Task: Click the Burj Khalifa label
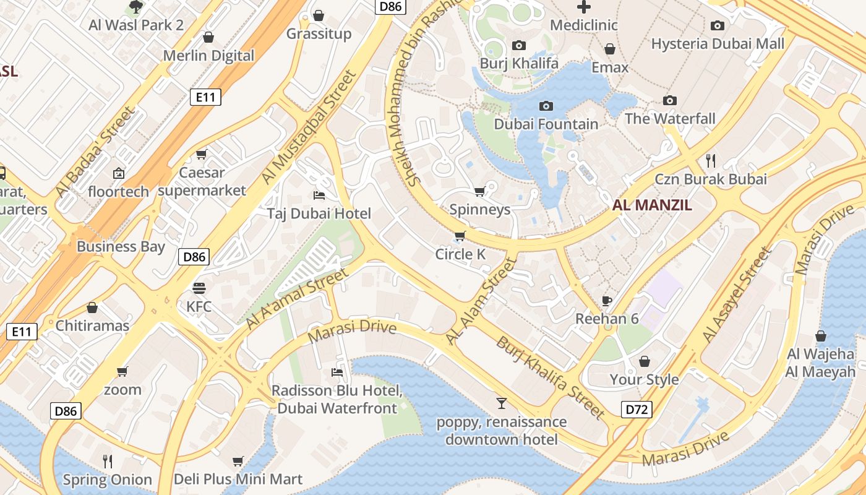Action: [519, 63]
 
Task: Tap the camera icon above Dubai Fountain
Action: [546, 106]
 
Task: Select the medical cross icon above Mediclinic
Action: [583, 7]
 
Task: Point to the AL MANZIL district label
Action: [652, 205]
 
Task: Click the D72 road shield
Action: [637, 409]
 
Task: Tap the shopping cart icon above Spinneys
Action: [479, 192]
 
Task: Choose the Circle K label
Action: [460, 254]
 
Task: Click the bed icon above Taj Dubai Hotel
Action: [319, 196]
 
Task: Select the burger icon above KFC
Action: [199, 288]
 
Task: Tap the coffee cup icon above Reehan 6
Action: [607, 301]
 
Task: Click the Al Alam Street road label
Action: [481, 301]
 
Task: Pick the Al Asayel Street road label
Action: [737, 295]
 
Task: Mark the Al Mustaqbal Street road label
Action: [309, 127]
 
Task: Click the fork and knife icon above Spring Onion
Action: [108, 461]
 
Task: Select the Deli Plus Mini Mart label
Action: [238, 479]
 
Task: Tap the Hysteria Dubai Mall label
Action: [718, 44]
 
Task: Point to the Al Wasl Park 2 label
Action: [136, 25]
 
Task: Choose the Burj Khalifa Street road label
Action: [550, 377]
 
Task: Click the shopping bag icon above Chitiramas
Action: [92, 308]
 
